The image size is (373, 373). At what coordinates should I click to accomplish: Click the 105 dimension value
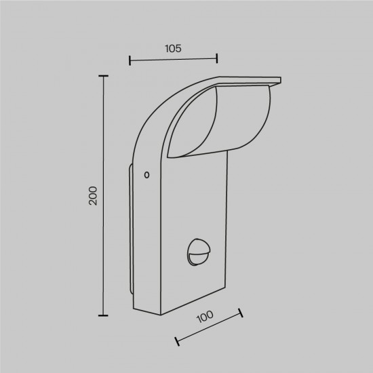(172, 49)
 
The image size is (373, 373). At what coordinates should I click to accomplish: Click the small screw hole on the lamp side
(146, 175)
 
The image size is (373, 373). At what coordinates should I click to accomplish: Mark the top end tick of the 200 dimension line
(104, 77)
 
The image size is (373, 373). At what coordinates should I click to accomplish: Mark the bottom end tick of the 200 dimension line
(104, 315)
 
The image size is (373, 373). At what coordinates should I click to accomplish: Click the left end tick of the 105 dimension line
(129, 61)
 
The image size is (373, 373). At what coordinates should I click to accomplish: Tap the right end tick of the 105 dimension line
(216, 59)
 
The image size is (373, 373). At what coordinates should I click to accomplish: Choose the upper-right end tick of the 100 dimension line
(240, 313)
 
